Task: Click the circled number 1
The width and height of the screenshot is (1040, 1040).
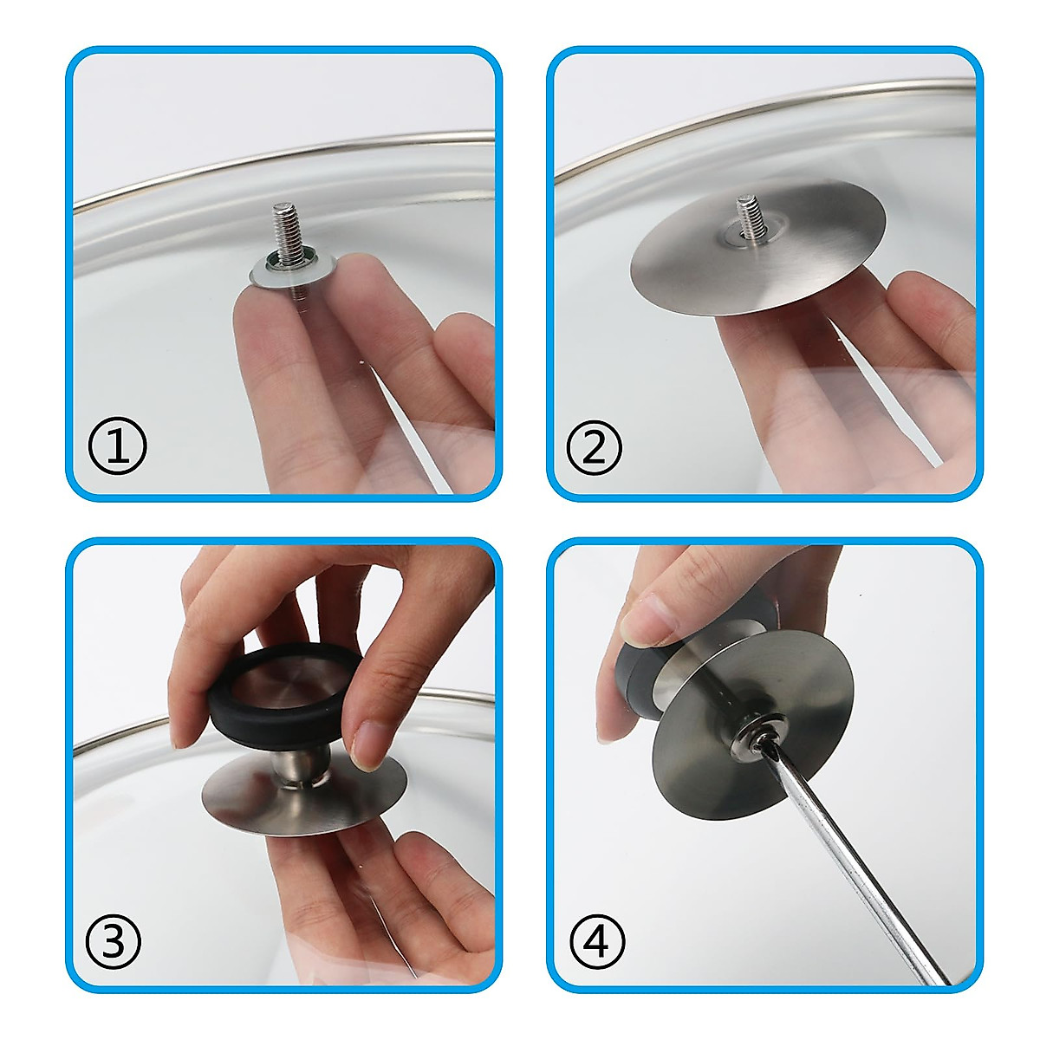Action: click(118, 447)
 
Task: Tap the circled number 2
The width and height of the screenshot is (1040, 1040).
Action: click(595, 447)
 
